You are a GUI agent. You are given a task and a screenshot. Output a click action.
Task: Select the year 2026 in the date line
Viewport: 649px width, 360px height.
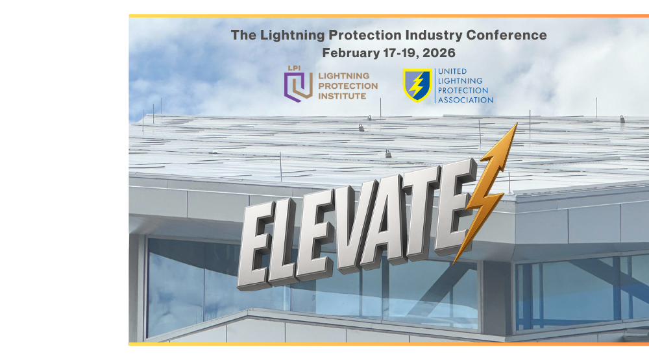coord(437,53)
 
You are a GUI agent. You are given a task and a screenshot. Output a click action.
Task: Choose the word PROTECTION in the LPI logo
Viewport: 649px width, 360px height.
coord(347,86)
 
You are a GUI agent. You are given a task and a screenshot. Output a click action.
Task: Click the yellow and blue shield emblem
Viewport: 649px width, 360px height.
coord(417,86)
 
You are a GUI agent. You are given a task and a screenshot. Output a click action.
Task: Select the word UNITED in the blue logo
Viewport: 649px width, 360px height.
coord(452,71)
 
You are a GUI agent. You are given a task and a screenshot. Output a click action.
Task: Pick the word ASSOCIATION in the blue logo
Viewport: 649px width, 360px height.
coord(465,100)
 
